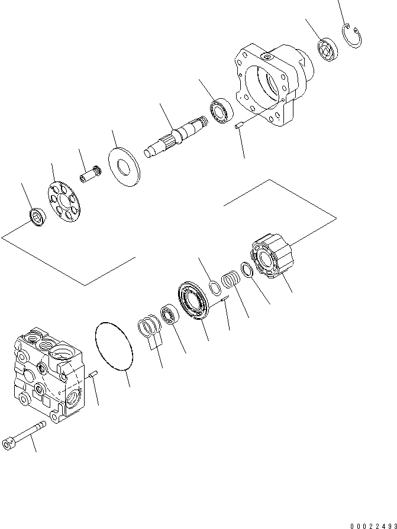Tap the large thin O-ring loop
tap(114, 346)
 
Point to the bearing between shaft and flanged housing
tap(222, 111)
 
